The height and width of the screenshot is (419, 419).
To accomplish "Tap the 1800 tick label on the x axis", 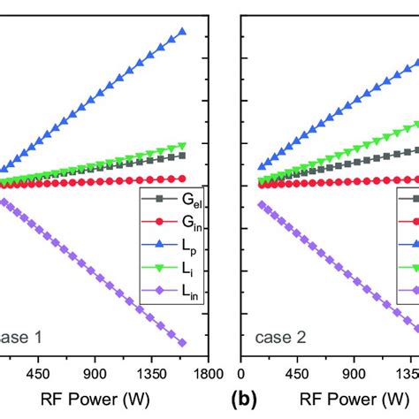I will (208, 373).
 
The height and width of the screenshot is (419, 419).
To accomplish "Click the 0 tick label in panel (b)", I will (241, 373).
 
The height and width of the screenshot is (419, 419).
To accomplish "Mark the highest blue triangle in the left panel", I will (182, 32).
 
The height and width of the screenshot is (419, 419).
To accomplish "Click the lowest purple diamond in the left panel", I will (182, 342).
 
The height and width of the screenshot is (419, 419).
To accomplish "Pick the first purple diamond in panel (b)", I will (262, 203).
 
